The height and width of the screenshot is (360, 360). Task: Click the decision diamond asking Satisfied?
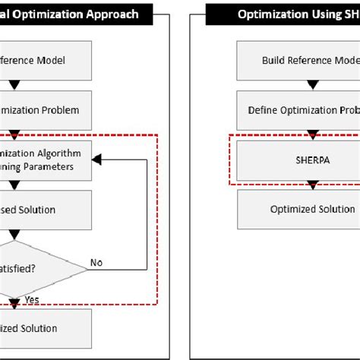(x=30, y=269)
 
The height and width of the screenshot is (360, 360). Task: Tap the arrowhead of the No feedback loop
(x=96, y=159)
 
